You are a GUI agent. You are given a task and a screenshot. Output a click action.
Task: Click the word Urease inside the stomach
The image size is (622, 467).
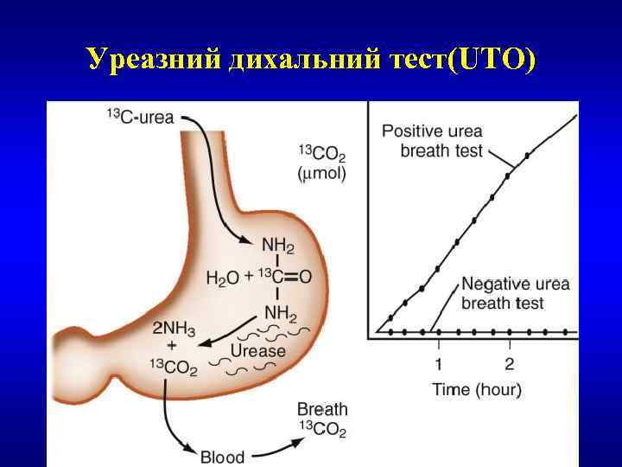(x=257, y=351)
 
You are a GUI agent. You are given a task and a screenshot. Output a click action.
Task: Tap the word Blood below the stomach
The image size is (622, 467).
(x=222, y=456)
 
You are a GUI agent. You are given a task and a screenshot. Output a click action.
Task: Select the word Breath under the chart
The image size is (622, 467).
(x=322, y=409)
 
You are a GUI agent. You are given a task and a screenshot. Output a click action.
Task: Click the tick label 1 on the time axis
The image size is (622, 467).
(x=438, y=362)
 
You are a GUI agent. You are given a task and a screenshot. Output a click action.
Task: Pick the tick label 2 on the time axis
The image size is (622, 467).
(x=509, y=362)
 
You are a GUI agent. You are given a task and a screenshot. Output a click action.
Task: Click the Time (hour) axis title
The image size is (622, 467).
(x=477, y=390)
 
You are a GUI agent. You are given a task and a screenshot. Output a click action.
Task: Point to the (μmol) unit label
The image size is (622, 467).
(x=321, y=174)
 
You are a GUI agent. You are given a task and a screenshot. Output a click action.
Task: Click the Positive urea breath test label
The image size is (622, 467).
(x=432, y=141)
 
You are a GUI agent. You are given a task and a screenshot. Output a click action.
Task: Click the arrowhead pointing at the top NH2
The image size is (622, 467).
(x=246, y=241)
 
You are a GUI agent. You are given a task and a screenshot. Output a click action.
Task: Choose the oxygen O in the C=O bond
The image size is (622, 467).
(x=305, y=278)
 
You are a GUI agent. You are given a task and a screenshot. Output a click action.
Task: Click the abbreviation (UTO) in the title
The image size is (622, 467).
(x=488, y=59)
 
